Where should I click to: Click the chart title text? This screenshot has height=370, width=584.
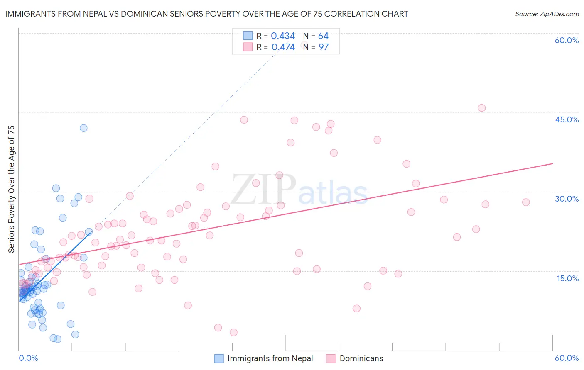[206, 14]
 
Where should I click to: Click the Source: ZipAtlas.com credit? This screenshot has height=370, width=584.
[547, 14]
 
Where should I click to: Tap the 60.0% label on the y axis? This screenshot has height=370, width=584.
[567, 40]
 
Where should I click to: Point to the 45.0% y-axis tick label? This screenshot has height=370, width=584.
[567, 119]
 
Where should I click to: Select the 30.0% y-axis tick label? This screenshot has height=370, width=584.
[567, 199]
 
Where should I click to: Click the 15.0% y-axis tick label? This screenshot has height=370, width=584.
[567, 278]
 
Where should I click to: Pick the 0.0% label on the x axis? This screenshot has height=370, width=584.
[28, 358]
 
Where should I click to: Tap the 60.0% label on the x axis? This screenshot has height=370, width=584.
[567, 358]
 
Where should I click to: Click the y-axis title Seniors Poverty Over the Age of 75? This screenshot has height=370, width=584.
[11, 189]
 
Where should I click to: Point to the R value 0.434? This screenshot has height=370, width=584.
[283, 36]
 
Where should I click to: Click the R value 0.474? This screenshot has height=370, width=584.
[283, 47]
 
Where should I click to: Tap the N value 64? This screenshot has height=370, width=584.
[323, 36]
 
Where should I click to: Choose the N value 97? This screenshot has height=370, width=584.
[323, 47]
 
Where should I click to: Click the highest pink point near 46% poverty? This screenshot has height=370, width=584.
[481, 108]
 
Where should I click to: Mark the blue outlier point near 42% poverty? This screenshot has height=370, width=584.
[83, 128]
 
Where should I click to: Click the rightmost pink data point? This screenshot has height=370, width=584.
[526, 202]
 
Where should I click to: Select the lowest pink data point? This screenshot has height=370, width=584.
[233, 332]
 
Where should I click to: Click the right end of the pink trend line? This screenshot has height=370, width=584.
[552, 163]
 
